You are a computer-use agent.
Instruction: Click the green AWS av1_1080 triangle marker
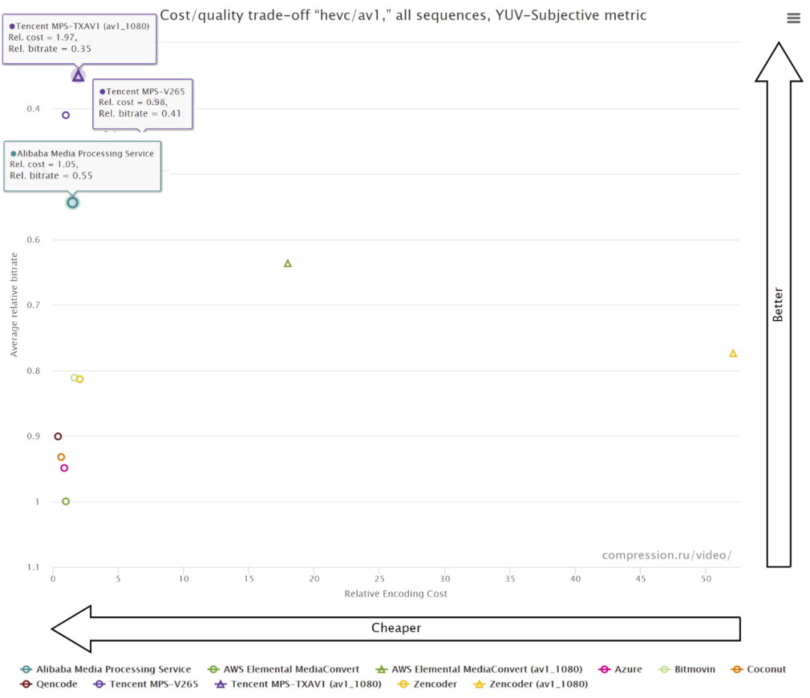pyautogui.click(x=287, y=263)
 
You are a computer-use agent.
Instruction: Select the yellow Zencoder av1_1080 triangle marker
pyautogui.click(x=733, y=353)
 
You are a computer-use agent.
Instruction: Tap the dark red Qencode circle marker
pyautogui.click(x=58, y=436)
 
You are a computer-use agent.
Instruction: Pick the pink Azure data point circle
pyautogui.click(x=64, y=468)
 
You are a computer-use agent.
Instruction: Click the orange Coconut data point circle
pyautogui.click(x=61, y=457)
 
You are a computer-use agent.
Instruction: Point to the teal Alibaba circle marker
pyautogui.click(x=73, y=202)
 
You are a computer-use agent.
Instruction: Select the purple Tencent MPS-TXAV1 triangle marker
pyautogui.click(x=78, y=76)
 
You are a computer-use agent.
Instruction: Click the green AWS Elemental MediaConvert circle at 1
pyautogui.click(x=66, y=502)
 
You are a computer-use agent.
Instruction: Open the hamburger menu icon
pyautogui.click(x=793, y=19)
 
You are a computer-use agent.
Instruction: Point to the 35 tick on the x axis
pyautogui.click(x=510, y=580)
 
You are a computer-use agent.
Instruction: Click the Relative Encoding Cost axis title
pyautogui.click(x=395, y=594)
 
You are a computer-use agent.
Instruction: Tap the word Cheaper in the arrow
pyautogui.click(x=396, y=628)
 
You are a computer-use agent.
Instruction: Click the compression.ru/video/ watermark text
pyautogui.click(x=666, y=556)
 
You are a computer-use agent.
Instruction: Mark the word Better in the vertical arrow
pyautogui.click(x=778, y=304)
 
